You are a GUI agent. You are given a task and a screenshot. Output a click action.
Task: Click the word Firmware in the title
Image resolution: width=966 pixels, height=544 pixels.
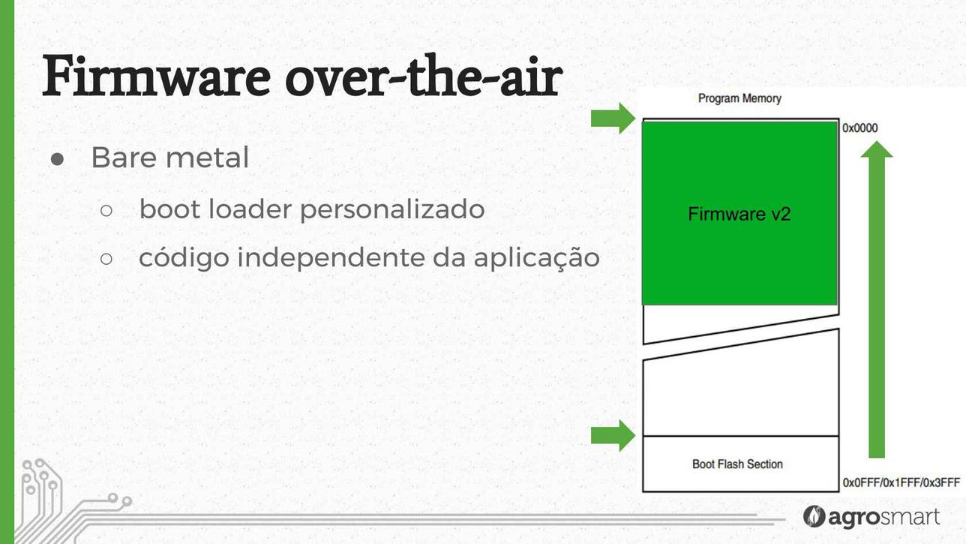tap(156, 76)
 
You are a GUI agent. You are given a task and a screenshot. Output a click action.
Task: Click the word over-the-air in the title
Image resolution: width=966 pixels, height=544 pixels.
tap(424, 76)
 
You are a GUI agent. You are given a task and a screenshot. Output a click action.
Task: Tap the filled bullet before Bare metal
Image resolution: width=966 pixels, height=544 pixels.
tap(57, 159)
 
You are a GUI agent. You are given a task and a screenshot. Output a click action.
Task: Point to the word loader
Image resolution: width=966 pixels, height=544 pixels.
tap(249, 209)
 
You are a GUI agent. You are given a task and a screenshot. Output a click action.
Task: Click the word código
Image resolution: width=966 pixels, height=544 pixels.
tap(184, 258)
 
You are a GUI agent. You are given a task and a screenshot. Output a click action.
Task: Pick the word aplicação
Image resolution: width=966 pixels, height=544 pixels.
tap(536, 258)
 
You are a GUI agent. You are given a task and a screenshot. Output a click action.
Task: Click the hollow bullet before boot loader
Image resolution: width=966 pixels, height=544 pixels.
tap(106, 211)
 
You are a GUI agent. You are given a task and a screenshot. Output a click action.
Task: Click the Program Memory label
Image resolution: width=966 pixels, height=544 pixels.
tap(739, 99)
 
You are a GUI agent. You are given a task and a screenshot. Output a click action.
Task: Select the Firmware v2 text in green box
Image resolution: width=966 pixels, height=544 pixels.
tap(739, 214)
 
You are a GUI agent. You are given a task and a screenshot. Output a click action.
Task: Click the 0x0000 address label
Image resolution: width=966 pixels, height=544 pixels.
tap(860, 128)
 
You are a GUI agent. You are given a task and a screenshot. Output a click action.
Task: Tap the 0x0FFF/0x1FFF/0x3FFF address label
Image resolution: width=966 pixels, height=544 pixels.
tap(901, 482)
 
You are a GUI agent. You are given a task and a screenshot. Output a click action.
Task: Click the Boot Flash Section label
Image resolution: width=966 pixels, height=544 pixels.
tap(737, 464)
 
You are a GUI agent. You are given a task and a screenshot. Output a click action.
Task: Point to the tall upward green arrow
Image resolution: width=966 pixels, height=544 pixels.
tap(877, 299)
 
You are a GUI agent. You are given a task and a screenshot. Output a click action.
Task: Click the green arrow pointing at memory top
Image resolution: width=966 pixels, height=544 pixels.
tap(613, 119)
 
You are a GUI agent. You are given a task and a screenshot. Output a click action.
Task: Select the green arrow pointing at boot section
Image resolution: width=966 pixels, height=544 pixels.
tap(613, 436)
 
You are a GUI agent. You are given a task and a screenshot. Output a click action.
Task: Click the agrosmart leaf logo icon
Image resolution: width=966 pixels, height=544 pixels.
tap(814, 516)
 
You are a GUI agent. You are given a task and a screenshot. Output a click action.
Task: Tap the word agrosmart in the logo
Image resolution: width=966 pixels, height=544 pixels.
tap(883, 517)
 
